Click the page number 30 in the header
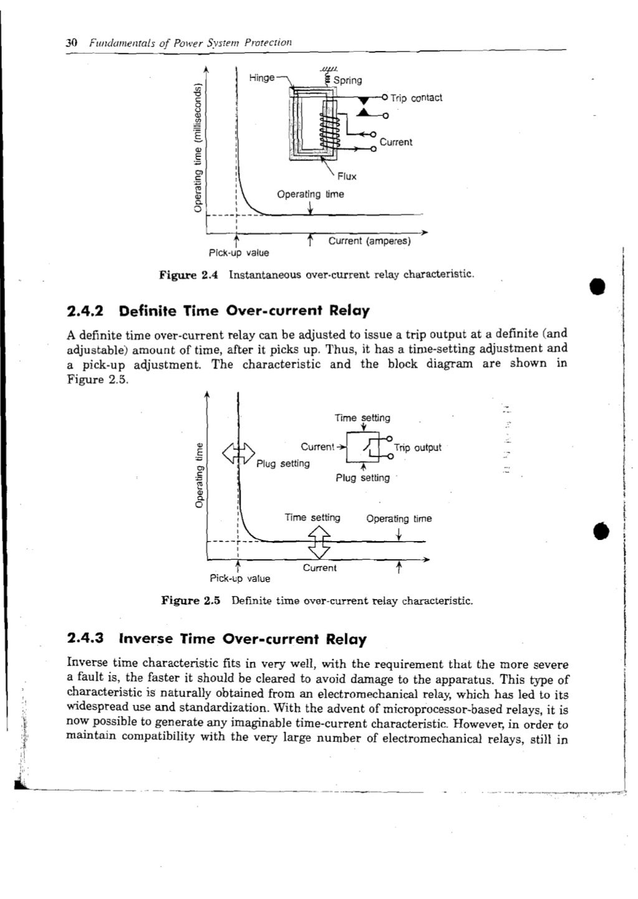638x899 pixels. pos(71,43)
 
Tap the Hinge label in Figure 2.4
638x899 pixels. pos(262,78)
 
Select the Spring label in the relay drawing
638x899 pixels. pos(347,80)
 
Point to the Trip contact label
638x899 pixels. pos(416,98)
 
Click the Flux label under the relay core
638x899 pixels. pos(347,176)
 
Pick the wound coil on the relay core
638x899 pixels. pos(329,132)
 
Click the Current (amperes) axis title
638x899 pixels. pos(369,241)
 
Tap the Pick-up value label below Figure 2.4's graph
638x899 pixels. pos(239,253)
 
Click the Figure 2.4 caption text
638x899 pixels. pos(317,274)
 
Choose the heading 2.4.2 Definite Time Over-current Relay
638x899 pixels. pos(218,310)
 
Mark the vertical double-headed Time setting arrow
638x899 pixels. pos(319,541)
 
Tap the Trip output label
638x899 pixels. pos(417,448)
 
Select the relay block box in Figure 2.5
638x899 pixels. pos(363,447)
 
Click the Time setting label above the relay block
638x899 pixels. pos(362,418)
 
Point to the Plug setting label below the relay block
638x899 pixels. pos(362,478)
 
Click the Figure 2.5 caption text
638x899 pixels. pos(317,601)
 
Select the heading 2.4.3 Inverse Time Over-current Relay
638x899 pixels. pos(217,639)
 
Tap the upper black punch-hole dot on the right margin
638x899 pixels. pos(599,287)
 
